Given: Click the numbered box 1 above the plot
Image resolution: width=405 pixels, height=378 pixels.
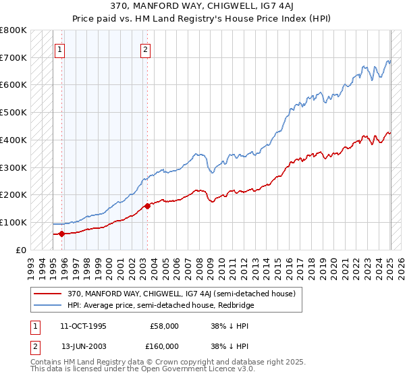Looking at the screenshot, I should click(60, 49).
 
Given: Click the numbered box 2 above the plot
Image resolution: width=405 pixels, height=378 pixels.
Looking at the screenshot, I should click(146, 49).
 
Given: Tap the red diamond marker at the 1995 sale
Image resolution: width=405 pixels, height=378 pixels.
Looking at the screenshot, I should click(62, 234).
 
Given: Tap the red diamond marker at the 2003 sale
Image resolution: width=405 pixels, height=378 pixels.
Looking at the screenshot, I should click(147, 206).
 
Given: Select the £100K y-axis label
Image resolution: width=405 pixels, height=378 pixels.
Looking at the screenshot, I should click(13, 222).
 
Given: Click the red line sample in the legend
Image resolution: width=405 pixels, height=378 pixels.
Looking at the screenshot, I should click(49, 294).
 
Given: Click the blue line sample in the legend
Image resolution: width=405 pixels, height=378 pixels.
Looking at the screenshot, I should click(49, 305).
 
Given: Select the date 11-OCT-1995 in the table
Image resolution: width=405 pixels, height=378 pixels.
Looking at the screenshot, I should click(83, 326).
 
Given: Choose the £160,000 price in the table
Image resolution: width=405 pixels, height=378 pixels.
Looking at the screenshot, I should click(164, 346).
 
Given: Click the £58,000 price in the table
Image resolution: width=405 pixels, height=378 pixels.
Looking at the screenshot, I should click(164, 326).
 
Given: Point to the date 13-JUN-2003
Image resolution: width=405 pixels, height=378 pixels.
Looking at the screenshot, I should click(83, 346).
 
